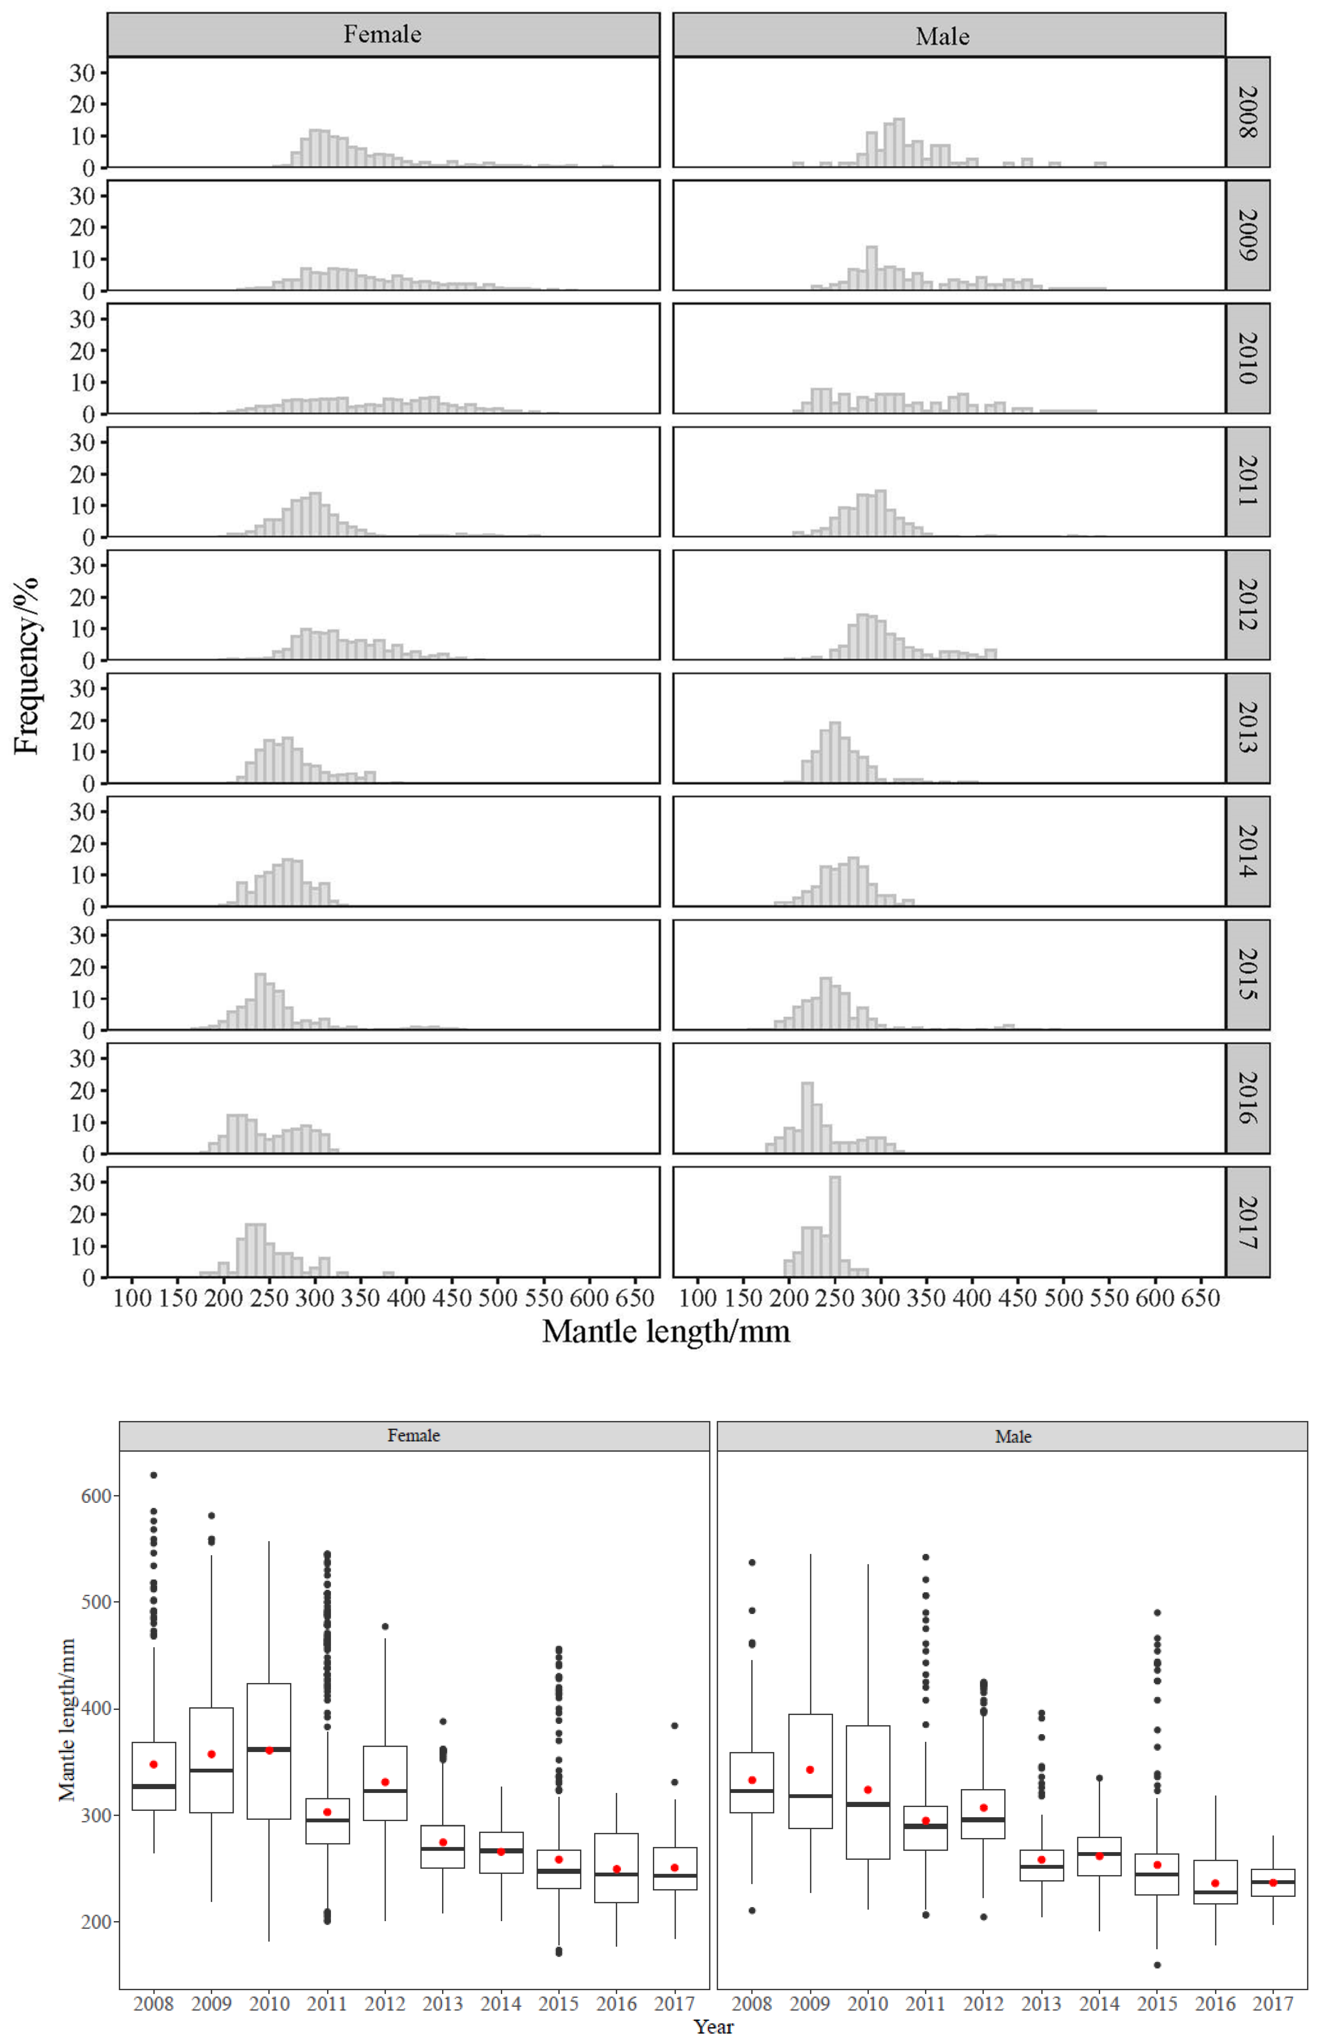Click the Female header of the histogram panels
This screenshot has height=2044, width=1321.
(x=383, y=34)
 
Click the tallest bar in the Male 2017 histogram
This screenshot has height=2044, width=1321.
(x=835, y=1226)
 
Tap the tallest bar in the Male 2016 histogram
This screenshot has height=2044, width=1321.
(x=807, y=1118)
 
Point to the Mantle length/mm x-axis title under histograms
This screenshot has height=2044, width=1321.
(x=666, y=1331)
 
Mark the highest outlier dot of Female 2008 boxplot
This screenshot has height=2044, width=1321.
(x=154, y=1475)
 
